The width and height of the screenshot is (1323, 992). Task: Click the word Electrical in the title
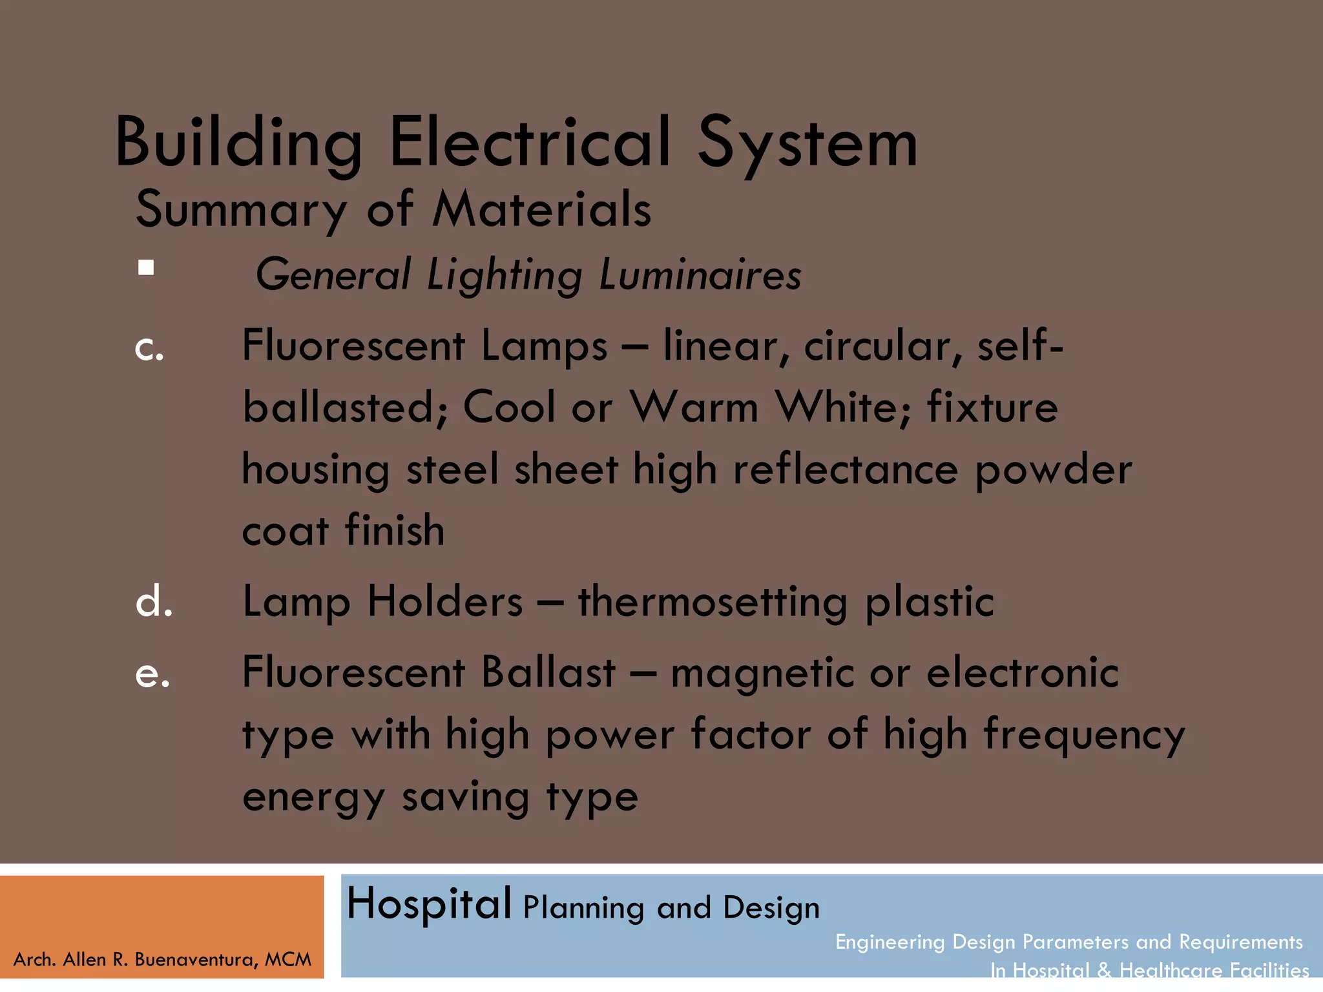point(530,142)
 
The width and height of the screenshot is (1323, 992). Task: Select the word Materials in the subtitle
point(541,210)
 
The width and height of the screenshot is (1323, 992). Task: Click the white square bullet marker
point(146,267)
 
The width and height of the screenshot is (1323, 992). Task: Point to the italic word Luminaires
point(700,274)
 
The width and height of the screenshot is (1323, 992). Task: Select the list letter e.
point(152,674)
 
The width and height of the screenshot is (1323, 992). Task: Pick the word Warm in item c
point(694,408)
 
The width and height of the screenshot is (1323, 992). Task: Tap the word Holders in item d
point(445,602)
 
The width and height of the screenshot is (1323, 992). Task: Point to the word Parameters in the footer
point(1078,942)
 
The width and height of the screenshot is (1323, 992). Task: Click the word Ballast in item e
point(548,673)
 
